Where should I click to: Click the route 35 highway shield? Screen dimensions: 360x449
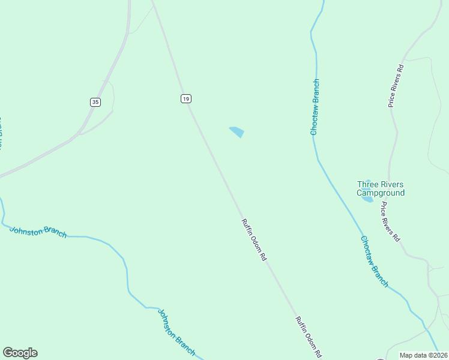(x=95, y=102)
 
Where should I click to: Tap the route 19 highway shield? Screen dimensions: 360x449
(x=185, y=98)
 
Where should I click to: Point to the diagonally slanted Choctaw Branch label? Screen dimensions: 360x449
(x=375, y=261)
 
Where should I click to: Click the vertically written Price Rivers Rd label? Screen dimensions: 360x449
(x=396, y=86)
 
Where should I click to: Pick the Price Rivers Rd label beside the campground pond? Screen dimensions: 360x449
(x=390, y=221)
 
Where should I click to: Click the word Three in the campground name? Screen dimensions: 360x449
(x=368, y=184)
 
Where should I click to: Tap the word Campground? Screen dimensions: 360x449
(x=381, y=193)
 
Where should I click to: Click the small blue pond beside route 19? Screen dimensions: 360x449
(x=237, y=131)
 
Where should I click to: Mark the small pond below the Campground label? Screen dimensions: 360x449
(x=367, y=199)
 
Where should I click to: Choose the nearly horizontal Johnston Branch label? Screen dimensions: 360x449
(x=38, y=230)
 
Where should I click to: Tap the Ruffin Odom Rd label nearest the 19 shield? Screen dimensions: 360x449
(x=254, y=239)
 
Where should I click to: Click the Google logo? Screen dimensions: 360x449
(x=20, y=353)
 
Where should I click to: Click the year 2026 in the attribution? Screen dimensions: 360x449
(x=438, y=355)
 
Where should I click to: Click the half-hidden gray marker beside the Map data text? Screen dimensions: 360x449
(x=381, y=359)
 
